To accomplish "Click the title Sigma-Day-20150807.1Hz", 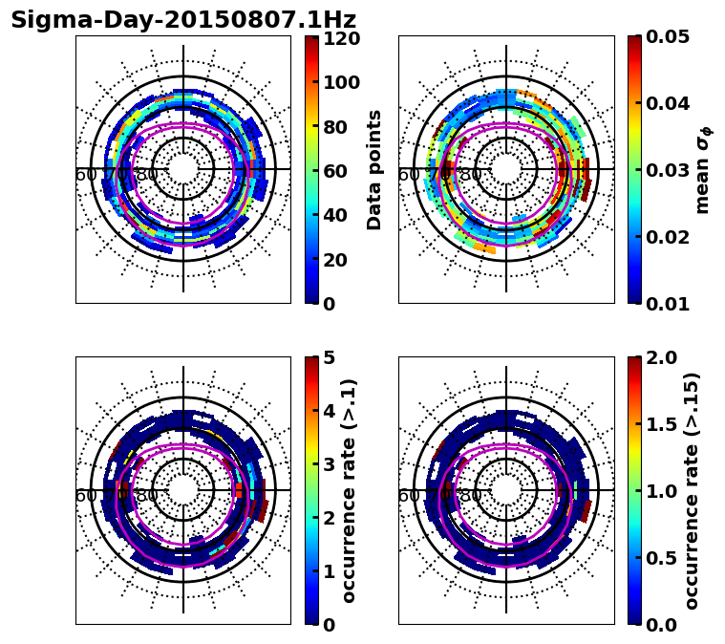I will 183,20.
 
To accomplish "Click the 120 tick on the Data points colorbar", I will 339,39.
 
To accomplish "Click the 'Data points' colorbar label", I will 374,169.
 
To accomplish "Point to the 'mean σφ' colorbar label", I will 703,170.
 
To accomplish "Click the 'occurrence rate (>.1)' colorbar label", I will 350,490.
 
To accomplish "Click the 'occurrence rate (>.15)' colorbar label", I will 692,490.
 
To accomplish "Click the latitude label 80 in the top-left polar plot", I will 147,175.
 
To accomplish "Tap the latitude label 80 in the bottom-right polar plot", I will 470,496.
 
